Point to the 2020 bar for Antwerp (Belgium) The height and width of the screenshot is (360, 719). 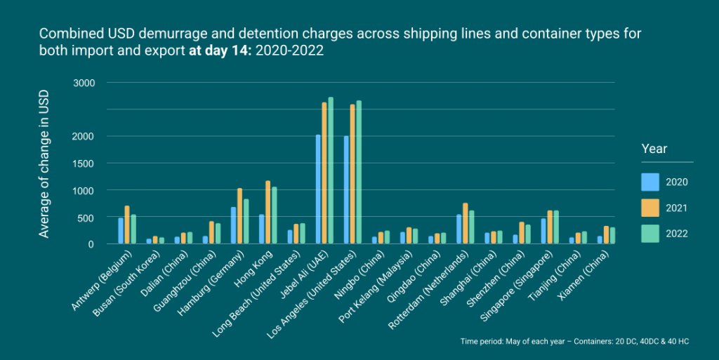point(121,231)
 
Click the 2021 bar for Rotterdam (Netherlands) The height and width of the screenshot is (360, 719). point(466,223)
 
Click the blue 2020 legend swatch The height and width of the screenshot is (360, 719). point(651,182)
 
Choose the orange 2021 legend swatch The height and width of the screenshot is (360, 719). point(651,208)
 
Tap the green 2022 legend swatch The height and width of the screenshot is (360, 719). point(651,234)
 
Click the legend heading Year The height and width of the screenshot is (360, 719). point(654,149)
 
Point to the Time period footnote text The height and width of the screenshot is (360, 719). point(575,341)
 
